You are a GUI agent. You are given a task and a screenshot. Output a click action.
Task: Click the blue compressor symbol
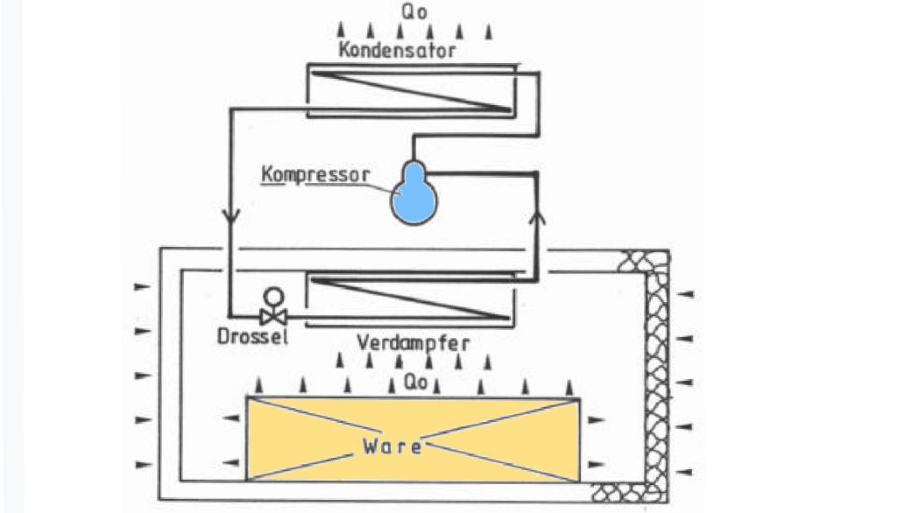(x=414, y=198)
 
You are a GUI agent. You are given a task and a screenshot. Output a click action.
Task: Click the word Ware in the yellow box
(x=392, y=446)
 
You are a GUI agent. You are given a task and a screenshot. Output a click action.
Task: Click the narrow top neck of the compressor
(x=412, y=169)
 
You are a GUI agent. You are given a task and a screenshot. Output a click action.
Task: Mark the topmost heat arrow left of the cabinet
(x=141, y=286)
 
